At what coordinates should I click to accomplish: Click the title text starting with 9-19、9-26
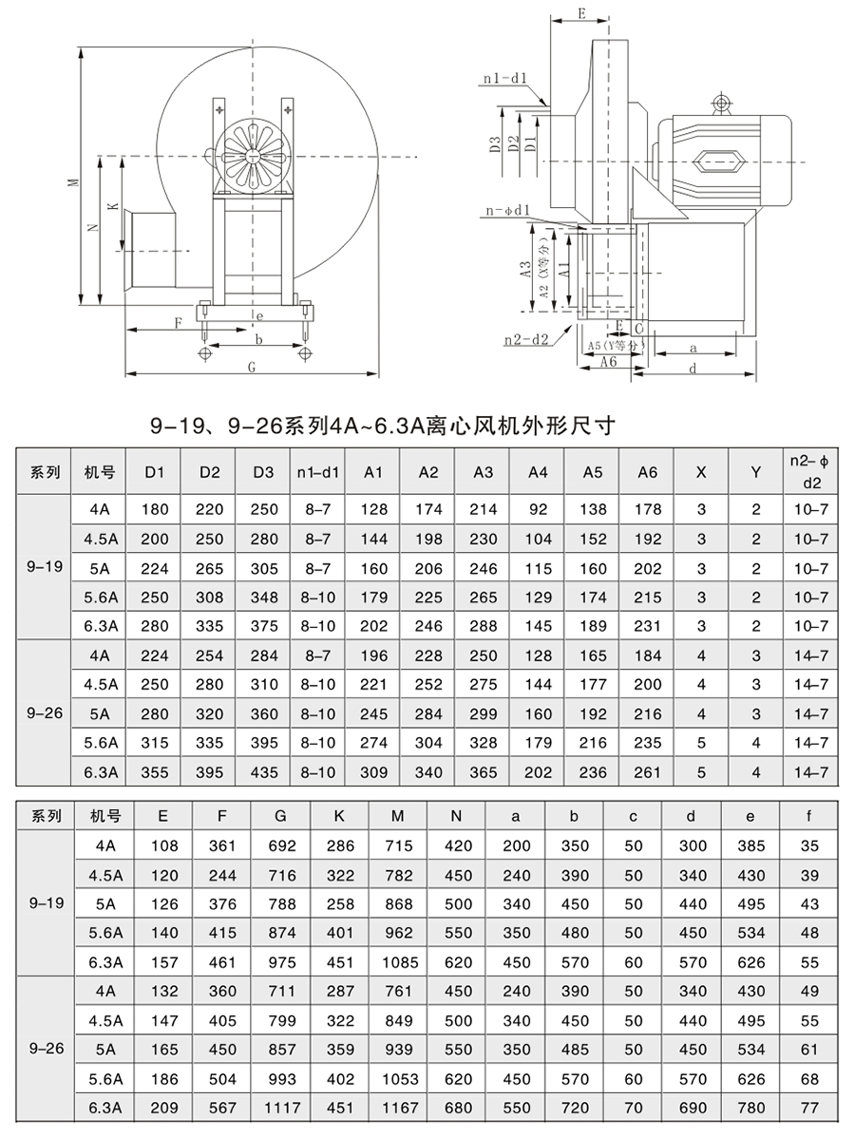(383, 426)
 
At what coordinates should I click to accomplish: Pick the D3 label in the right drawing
(495, 144)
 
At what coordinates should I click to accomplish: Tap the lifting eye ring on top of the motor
(721, 102)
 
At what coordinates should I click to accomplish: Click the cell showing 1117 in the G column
(280, 1108)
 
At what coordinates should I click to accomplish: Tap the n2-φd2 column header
(810, 472)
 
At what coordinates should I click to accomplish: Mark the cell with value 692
(280, 845)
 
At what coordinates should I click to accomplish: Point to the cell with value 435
(264, 772)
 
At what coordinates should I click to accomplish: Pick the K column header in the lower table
(339, 816)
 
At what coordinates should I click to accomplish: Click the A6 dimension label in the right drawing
(608, 362)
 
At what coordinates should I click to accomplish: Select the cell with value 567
(221, 1108)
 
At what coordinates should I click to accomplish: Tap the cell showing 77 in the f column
(809, 1108)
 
